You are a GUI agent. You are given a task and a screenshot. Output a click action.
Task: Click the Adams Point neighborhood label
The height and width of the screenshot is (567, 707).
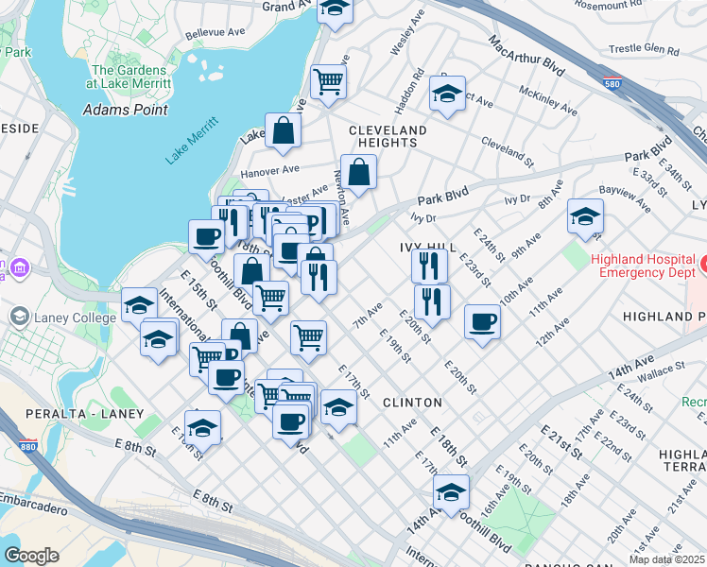pos(126,110)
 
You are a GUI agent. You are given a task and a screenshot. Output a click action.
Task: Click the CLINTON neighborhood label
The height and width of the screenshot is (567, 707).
pos(412,403)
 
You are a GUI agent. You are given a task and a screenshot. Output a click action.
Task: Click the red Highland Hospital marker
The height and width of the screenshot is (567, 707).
pos(701,260)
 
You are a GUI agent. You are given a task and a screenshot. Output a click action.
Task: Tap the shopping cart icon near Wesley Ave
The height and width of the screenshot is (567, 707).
pos(328,81)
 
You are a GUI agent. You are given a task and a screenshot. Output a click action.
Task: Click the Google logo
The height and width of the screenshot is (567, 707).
pos(31,555)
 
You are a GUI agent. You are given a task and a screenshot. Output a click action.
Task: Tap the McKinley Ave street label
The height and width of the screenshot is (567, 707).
pos(548,100)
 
